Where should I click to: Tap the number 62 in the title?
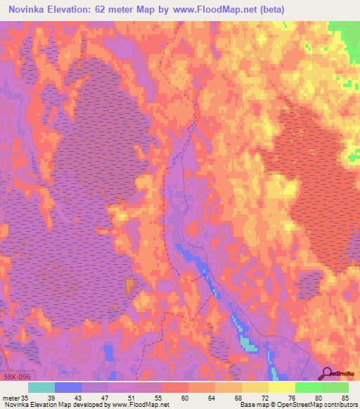click(x=124, y=9)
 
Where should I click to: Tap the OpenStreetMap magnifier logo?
click(x=326, y=375)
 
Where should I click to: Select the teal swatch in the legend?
click(x=41, y=387)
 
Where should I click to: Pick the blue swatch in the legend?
click(x=68, y=387)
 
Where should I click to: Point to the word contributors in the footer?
click(x=341, y=404)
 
